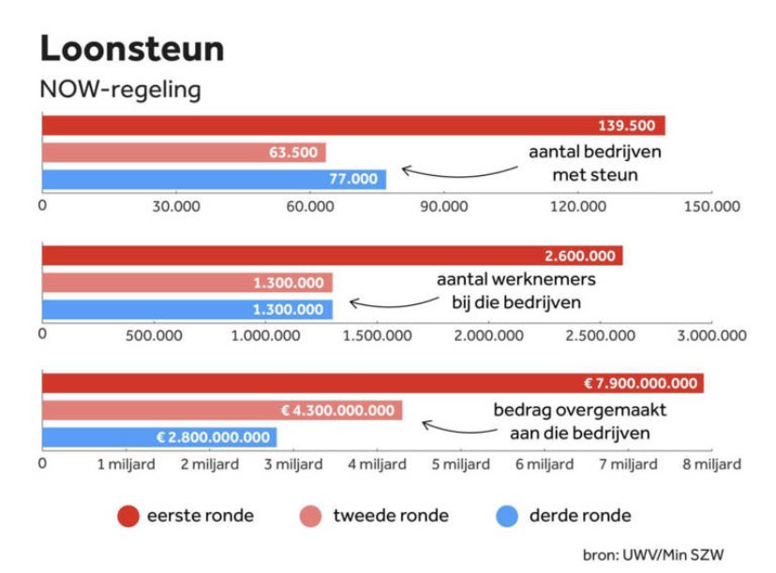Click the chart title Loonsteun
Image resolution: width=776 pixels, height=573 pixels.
click(132, 49)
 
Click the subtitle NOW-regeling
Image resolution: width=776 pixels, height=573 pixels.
click(120, 90)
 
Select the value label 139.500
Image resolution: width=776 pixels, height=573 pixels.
click(627, 126)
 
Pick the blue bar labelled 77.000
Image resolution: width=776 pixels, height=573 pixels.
click(214, 179)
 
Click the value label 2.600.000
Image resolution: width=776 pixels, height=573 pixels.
click(579, 256)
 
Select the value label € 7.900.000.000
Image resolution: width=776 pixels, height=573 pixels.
click(640, 383)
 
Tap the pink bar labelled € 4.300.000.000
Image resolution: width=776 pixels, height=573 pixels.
click(222, 410)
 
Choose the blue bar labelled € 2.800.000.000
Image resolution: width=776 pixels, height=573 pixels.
click(159, 436)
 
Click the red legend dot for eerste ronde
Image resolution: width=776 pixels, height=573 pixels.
click(128, 516)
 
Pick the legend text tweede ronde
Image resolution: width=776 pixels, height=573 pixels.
click(391, 516)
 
